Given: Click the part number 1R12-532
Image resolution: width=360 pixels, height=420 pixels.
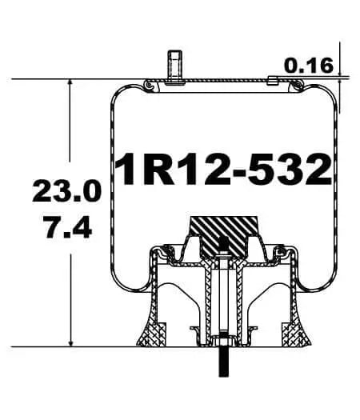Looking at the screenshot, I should point(222,169).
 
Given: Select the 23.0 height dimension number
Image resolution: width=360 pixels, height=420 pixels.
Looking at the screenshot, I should point(66,193).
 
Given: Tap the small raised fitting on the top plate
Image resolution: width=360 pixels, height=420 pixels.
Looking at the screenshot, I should point(272,80).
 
